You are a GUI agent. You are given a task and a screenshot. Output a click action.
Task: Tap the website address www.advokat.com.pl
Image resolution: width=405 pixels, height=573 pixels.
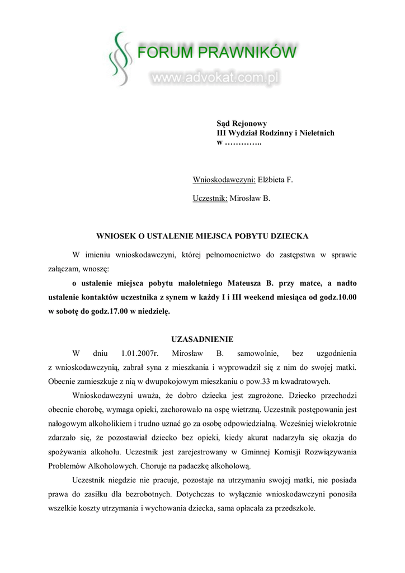pos(215,78)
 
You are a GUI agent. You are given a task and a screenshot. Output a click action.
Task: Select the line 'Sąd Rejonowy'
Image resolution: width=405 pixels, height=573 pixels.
pos(242,123)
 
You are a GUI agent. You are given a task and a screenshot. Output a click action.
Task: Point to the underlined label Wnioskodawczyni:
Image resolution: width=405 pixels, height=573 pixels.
pos(224,180)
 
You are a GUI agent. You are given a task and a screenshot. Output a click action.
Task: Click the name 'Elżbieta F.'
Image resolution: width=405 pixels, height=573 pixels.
pos(275,180)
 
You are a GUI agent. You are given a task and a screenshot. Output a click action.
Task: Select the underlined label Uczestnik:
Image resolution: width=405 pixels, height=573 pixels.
pos(210,198)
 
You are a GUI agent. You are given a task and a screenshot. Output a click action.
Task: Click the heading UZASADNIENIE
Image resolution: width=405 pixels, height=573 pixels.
pos(202,340)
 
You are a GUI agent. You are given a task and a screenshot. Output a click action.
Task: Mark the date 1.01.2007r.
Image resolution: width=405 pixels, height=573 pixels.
pos(140,354)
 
